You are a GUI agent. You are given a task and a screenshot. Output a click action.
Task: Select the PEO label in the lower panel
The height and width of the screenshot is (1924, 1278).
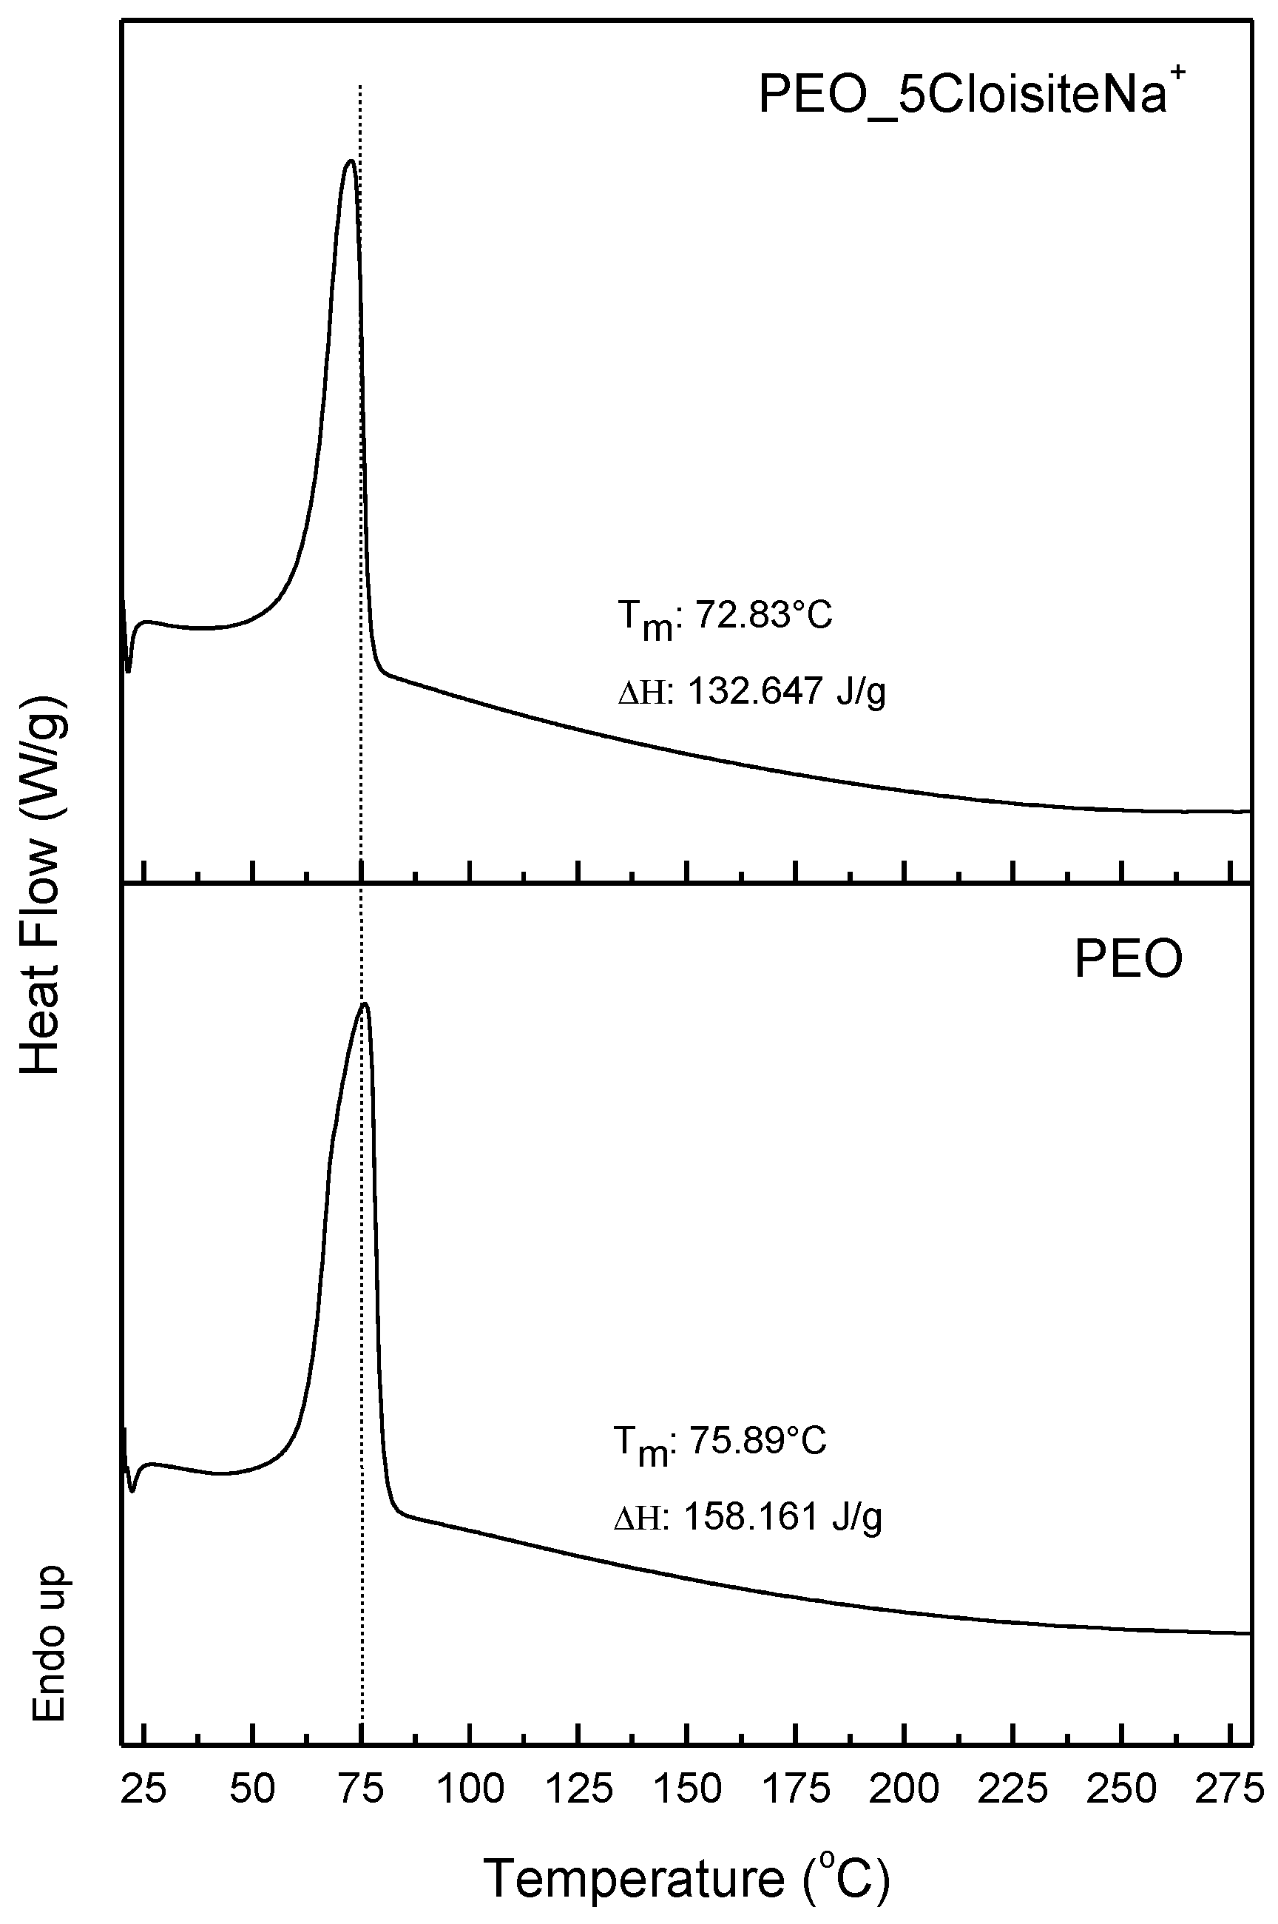tap(1128, 959)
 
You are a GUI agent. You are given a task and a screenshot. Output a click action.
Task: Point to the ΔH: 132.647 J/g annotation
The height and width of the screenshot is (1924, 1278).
tap(751, 692)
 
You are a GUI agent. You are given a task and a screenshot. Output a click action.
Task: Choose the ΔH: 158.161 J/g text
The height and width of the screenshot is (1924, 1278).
tap(748, 1517)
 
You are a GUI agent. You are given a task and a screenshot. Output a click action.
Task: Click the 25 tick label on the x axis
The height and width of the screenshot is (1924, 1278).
tap(143, 1789)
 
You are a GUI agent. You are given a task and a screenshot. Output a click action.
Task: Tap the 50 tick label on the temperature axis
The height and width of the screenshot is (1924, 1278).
tap(253, 1789)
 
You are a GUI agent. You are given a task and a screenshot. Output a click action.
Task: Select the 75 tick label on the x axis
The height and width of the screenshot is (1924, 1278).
tap(361, 1789)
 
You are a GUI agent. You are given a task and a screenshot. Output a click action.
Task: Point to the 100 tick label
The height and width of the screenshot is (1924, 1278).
tap(470, 1789)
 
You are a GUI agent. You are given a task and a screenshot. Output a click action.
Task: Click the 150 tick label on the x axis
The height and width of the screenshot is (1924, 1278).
tap(687, 1789)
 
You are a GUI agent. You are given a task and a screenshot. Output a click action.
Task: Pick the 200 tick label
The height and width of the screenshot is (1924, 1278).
tap(905, 1789)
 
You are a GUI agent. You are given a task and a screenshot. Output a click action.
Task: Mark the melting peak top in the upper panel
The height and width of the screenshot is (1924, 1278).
tap(351, 161)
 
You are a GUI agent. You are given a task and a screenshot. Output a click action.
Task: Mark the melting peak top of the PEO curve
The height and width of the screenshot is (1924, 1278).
tap(365, 1003)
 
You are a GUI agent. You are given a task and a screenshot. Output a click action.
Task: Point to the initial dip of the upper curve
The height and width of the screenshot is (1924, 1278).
tap(129, 671)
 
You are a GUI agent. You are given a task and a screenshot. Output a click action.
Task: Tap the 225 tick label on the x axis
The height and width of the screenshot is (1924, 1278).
tap(1013, 1789)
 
